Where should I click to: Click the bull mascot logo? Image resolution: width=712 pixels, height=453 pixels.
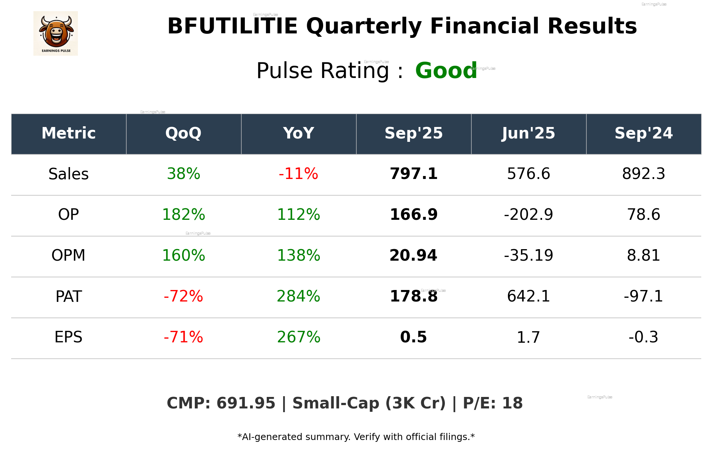coord(56,33)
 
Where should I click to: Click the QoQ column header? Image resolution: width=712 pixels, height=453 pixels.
coord(183,133)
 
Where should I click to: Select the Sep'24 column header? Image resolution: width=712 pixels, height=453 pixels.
coord(643,133)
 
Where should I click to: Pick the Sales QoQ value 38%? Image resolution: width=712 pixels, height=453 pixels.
coord(183,174)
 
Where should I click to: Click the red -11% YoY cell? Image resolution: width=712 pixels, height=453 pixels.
coord(298,174)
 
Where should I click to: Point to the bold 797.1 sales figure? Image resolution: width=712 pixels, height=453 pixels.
coord(413,174)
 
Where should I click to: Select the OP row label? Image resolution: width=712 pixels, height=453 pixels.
coord(69,215)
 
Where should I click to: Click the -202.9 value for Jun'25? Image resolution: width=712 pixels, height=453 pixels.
coord(528,215)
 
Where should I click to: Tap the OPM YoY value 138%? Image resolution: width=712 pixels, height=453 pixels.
coord(298,255)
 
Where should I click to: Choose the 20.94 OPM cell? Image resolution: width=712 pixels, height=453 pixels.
coord(413,255)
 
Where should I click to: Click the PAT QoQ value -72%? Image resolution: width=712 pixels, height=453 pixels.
coord(183,296)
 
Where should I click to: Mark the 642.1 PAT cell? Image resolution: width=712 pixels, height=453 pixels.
coord(528,296)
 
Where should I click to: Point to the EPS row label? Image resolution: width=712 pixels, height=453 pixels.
coord(69,337)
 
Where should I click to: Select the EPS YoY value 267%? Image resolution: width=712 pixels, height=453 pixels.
coord(298,337)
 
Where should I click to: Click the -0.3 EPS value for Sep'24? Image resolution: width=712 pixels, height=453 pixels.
coord(643,337)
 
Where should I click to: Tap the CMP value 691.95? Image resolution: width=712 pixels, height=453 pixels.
coord(246,403)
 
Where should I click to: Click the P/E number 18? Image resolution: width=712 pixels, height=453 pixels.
coord(512,403)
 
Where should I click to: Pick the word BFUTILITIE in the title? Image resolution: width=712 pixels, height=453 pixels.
coord(232,26)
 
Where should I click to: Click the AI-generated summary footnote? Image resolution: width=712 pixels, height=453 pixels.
coord(356,437)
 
